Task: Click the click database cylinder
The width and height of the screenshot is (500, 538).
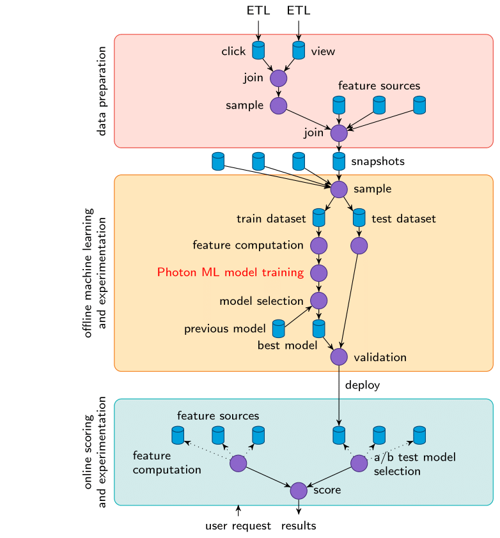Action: click(x=258, y=50)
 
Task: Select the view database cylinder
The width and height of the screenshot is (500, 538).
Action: click(x=299, y=50)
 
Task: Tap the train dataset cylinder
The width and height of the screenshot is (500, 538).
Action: click(x=318, y=218)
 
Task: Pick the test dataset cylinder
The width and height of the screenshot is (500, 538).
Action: click(x=359, y=218)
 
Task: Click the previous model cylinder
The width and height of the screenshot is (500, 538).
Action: click(x=279, y=329)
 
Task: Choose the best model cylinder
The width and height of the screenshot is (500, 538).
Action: click(x=318, y=329)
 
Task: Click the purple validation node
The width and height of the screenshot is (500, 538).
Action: click(x=339, y=357)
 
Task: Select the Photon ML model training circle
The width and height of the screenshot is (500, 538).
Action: click(x=318, y=273)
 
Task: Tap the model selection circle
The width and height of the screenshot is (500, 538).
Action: click(x=318, y=300)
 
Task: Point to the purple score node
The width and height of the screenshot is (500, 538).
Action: click(x=299, y=491)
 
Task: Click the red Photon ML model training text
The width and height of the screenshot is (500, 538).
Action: click(x=230, y=273)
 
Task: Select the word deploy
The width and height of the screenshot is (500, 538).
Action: click(x=363, y=385)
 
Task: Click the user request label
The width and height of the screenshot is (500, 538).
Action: click(x=238, y=526)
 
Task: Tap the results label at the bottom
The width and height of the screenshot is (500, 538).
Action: click(x=299, y=526)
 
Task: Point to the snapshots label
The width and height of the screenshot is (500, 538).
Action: click(x=378, y=162)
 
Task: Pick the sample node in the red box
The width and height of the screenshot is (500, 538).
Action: click(x=278, y=105)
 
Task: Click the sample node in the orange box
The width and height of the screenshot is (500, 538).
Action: click(x=339, y=189)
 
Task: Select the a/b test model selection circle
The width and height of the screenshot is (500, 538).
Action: click(x=359, y=463)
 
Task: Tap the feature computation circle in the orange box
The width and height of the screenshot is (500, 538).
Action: click(x=318, y=245)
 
